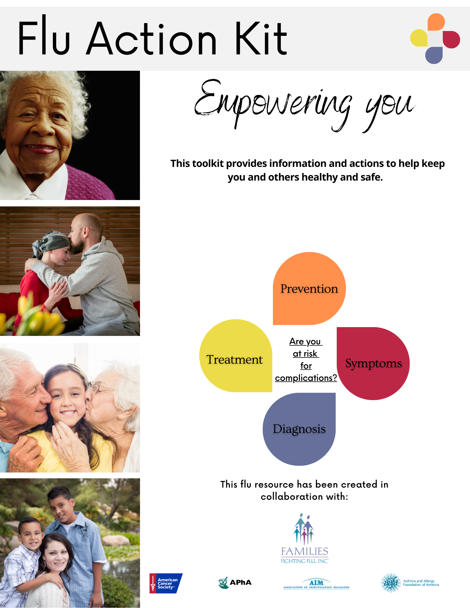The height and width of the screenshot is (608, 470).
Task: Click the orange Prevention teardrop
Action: [309, 288]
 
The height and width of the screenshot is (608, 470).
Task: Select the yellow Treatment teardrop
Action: [236, 356]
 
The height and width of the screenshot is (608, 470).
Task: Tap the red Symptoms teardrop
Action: [373, 364]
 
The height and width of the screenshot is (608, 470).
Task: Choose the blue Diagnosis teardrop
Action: [299, 429]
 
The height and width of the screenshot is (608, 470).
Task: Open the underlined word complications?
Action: [306, 378]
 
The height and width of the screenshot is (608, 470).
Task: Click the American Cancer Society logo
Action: [166, 583]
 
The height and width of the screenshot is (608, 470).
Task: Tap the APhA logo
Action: [235, 583]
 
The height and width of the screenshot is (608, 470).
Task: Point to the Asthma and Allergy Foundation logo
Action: [410, 583]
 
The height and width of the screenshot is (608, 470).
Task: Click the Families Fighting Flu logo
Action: [305, 538]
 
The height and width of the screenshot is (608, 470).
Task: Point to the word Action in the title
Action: [152, 39]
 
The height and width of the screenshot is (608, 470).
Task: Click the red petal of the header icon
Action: [451, 40]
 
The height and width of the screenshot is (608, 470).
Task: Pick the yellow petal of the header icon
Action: [419, 38]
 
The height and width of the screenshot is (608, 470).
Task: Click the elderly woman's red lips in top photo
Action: [40, 149]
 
